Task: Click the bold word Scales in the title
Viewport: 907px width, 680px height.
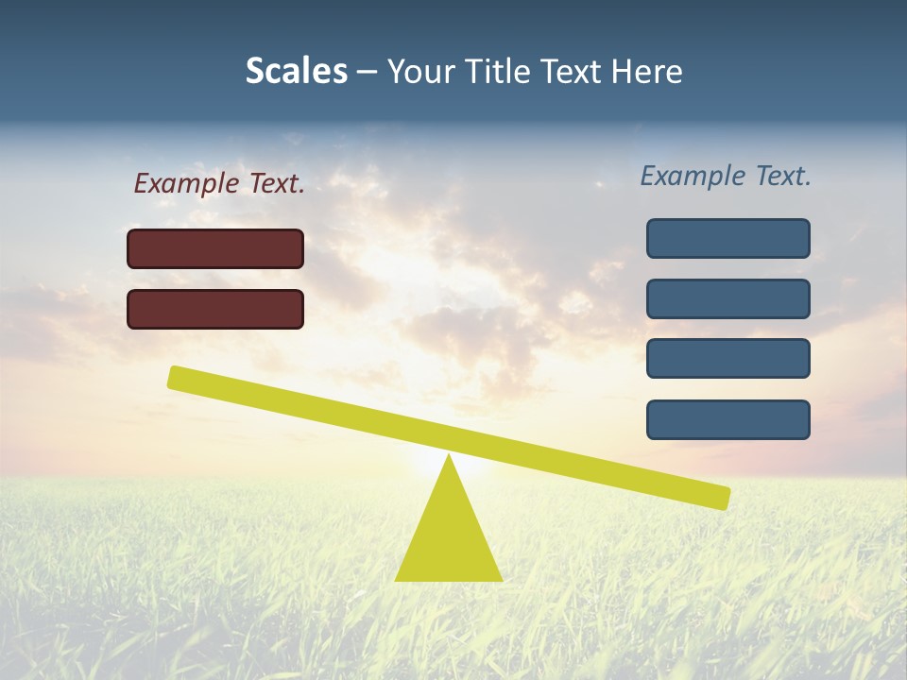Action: (296, 71)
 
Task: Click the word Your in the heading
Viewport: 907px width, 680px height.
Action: (422, 71)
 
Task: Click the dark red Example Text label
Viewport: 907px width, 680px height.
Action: (219, 183)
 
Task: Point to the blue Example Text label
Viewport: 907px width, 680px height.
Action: (726, 176)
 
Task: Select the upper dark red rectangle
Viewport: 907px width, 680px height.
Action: (215, 248)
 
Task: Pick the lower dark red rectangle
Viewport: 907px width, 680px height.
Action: (215, 309)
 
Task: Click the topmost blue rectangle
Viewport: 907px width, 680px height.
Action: (727, 238)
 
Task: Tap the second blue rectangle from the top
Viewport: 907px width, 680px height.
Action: (727, 298)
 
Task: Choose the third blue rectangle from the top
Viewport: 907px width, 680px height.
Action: (727, 358)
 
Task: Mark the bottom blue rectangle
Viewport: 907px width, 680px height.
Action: (727, 419)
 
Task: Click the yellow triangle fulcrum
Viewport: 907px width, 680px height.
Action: (449, 538)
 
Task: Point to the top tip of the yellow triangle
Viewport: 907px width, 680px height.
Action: (449, 456)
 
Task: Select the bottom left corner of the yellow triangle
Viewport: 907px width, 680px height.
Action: (397, 579)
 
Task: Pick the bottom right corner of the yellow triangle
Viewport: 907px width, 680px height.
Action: (500, 579)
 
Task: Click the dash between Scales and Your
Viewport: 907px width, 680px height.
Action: (367, 72)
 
